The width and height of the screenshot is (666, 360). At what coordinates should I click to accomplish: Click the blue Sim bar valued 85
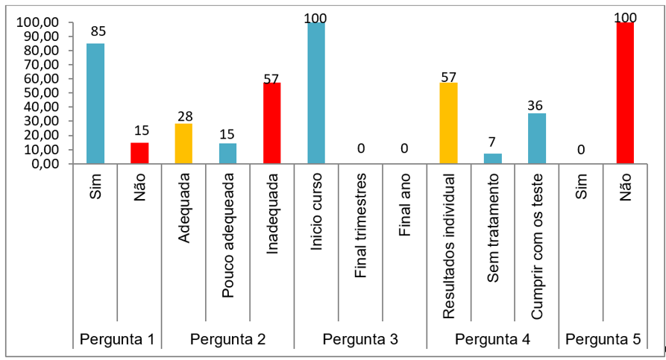(x=95, y=103)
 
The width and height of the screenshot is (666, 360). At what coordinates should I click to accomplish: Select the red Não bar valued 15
(x=139, y=152)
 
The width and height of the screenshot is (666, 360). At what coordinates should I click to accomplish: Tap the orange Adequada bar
(x=183, y=143)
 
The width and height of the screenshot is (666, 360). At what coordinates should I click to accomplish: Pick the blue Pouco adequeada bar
(x=227, y=153)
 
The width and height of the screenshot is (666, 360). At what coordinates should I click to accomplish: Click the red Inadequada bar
(x=271, y=123)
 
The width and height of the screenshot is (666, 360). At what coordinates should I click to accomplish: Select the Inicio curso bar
(x=316, y=92)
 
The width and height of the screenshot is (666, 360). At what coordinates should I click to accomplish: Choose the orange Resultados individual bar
(x=448, y=123)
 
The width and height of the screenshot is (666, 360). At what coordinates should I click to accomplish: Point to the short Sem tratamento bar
(x=492, y=158)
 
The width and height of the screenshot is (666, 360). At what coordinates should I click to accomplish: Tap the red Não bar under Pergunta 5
(x=625, y=92)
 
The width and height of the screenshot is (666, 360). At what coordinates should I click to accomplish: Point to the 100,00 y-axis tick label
(x=38, y=22)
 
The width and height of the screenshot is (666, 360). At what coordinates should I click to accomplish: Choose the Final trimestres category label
(x=361, y=226)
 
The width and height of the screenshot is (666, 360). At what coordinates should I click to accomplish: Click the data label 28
(x=184, y=116)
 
